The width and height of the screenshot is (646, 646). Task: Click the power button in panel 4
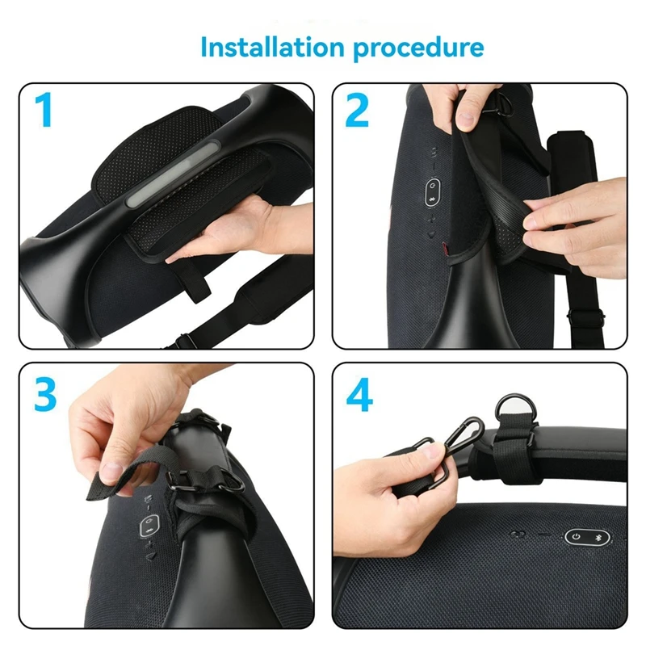pyautogui.click(x=574, y=537)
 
